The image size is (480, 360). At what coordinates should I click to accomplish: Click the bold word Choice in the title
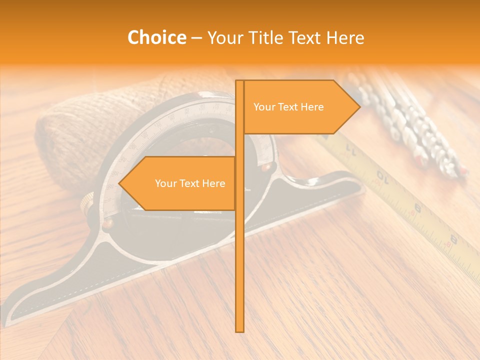[156, 37]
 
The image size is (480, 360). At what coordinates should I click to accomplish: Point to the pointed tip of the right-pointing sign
[359, 106]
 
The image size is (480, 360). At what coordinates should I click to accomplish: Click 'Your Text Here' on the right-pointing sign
[288, 107]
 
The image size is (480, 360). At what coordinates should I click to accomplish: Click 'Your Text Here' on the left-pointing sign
[190, 183]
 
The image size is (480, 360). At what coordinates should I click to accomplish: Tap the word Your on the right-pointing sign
[263, 107]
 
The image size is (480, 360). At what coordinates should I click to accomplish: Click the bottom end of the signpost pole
[240, 330]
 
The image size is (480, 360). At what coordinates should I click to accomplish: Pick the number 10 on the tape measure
[383, 175]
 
